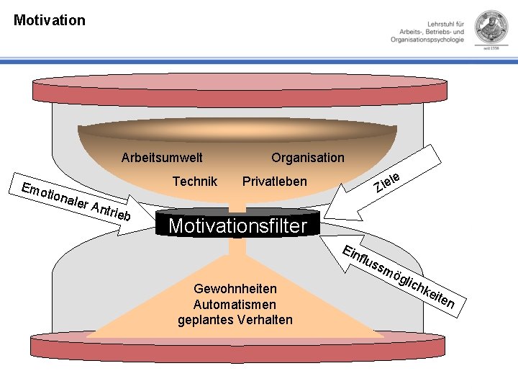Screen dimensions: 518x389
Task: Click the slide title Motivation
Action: coord(50,20)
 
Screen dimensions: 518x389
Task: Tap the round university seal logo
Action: coord(491,27)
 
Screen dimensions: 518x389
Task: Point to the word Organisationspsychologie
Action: coord(427,40)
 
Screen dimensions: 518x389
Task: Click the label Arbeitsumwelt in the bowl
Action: coord(162,158)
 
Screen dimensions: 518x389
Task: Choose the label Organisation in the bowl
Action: coord(308,158)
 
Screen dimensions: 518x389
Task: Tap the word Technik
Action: coord(195,182)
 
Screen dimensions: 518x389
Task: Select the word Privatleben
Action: coord(275,182)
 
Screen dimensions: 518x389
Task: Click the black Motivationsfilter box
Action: coord(238,223)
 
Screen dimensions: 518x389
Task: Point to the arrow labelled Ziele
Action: coord(383,183)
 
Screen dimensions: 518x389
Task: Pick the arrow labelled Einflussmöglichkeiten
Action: coord(393,275)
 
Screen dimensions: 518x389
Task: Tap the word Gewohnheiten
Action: coord(235,289)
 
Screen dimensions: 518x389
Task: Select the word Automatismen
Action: coord(235,304)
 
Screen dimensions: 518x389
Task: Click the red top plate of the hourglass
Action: coord(240,90)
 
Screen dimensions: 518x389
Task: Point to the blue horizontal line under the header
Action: coord(259,61)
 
